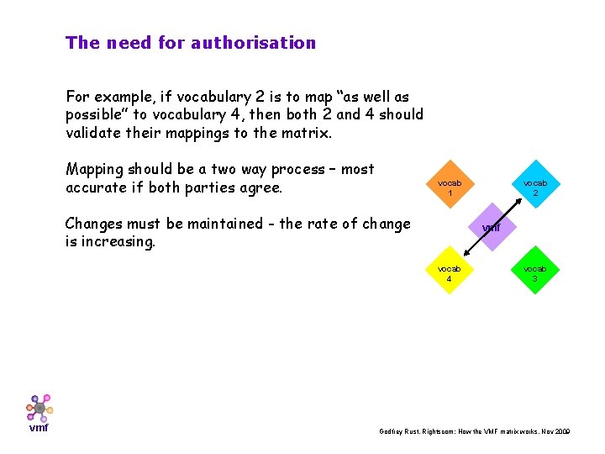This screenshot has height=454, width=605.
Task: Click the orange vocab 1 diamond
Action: point(450,187)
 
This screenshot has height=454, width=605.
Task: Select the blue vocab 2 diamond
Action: point(534,187)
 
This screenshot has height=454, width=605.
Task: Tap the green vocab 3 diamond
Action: point(534,273)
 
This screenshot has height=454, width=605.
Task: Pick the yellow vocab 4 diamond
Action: point(450,273)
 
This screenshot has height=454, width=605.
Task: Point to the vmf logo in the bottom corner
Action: point(39,412)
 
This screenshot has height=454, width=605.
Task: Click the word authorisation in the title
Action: point(254,43)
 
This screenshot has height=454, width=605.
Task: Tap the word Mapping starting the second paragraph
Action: point(95,170)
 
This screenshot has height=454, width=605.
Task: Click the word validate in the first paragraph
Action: point(95,133)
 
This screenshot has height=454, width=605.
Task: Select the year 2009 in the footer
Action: point(561,431)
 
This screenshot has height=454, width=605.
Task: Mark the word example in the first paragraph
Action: point(128,97)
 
